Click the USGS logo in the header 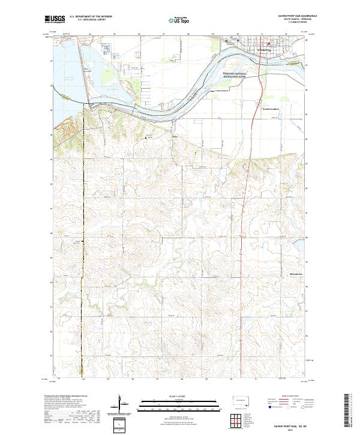click(x=55, y=19)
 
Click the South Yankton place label click(x=271, y=109)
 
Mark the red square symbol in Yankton click(x=268, y=44)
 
